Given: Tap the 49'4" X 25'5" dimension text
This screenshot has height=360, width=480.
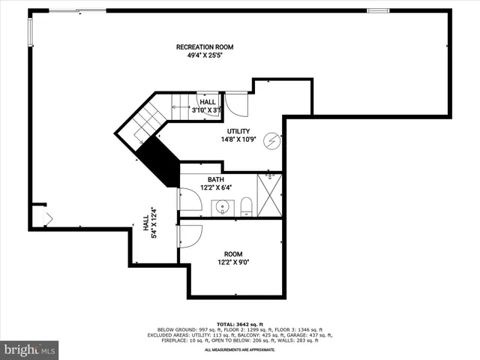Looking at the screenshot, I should (199, 55).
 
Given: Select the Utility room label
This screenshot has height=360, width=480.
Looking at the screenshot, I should (238, 131).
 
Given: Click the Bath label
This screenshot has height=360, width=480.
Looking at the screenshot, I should (216, 180).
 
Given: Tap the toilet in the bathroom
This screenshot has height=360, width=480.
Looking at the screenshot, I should (246, 207).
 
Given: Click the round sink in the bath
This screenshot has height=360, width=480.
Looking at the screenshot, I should (223, 207).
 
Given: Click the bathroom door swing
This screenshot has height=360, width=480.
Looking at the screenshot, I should (187, 199).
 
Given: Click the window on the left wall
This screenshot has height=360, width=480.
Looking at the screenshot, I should (31, 31).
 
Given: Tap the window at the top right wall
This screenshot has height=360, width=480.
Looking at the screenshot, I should (377, 10).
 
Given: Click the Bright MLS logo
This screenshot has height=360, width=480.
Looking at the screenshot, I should (30, 349).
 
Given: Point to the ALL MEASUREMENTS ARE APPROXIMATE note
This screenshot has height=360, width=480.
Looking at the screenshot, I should (240, 349).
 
